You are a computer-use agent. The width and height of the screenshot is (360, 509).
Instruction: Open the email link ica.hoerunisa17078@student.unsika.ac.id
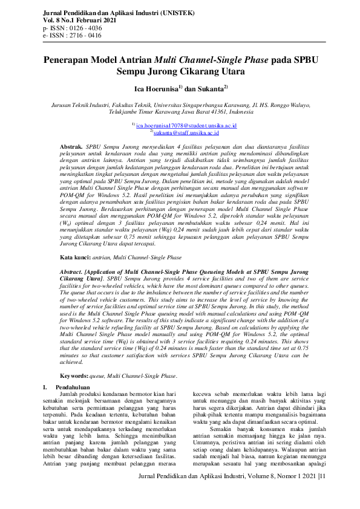point(182,125)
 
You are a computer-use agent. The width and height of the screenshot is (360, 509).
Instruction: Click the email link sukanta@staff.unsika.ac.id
point(185,132)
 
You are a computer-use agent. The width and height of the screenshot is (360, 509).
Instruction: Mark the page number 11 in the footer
point(322,493)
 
